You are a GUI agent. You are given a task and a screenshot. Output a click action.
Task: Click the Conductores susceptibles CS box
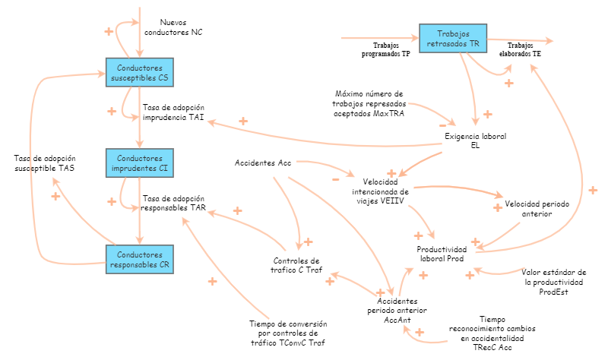pyautogui.click(x=138, y=72)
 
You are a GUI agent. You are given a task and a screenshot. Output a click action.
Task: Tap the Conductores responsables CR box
pyautogui.click(x=138, y=259)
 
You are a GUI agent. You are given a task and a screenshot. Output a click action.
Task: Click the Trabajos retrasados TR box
pyautogui.click(x=452, y=39)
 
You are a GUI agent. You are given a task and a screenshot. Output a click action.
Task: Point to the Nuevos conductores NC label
pyautogui.click(x=176, y=27)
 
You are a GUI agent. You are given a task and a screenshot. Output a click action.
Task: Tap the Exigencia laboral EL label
pyautogui.click(x=475, y=141)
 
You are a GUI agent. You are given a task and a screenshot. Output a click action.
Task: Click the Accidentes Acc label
pyautogui.click(x=263, y=163)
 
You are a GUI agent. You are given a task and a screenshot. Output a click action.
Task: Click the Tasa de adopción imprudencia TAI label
pyautogui.click(x=173, y=112)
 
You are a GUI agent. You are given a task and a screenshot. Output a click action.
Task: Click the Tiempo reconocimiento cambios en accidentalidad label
pyautogui.click(x=492, y=333)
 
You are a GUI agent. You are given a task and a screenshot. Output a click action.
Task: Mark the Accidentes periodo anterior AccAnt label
pyautogui.click(x=393, y=310)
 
